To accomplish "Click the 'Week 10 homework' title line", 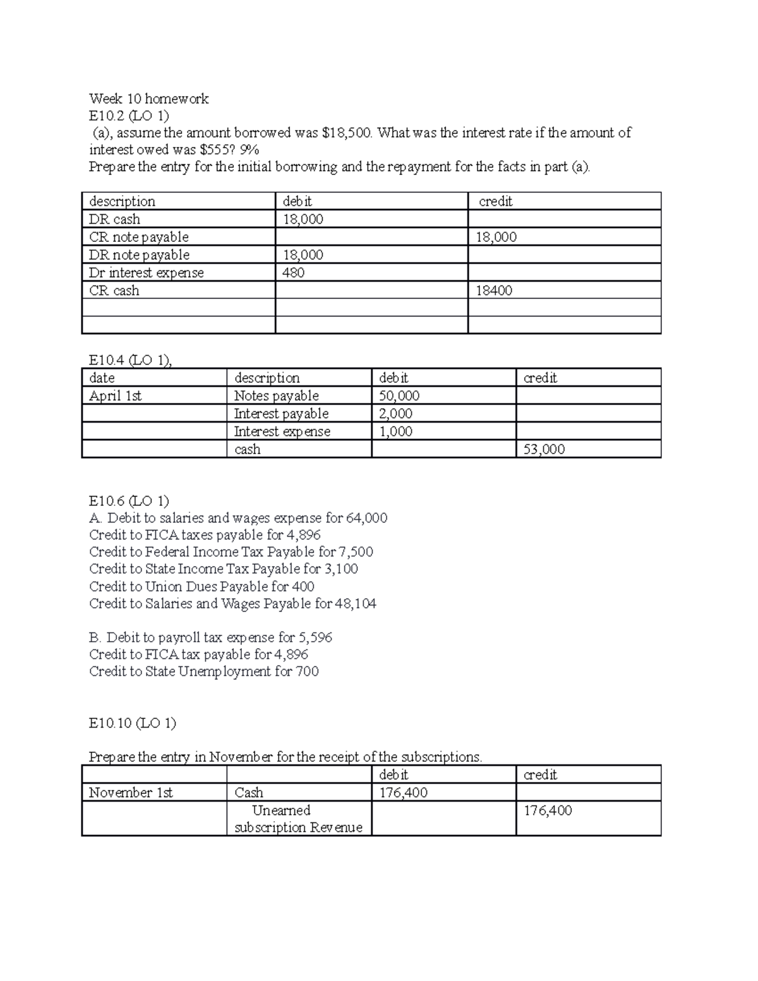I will pos(148,99).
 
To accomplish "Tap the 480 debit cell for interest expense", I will pos(294,273).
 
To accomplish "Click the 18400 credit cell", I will pos(494,291).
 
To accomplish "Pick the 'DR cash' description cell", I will pos(115,219).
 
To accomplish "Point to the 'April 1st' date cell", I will pos(116,396).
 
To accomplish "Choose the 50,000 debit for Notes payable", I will pos(399,396).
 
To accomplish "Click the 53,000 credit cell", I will pos(544,449).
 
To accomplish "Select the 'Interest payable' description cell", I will pos(281,414).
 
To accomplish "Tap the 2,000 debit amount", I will pos(395,414).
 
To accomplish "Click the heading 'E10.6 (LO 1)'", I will pos(129,501).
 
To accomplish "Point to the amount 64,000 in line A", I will pos(366,518).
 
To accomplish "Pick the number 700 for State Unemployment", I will pos(307,671).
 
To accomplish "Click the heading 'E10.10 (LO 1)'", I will pos(133,723).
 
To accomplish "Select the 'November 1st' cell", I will pos(131,793).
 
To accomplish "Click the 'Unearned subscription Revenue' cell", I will pos(298,819).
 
